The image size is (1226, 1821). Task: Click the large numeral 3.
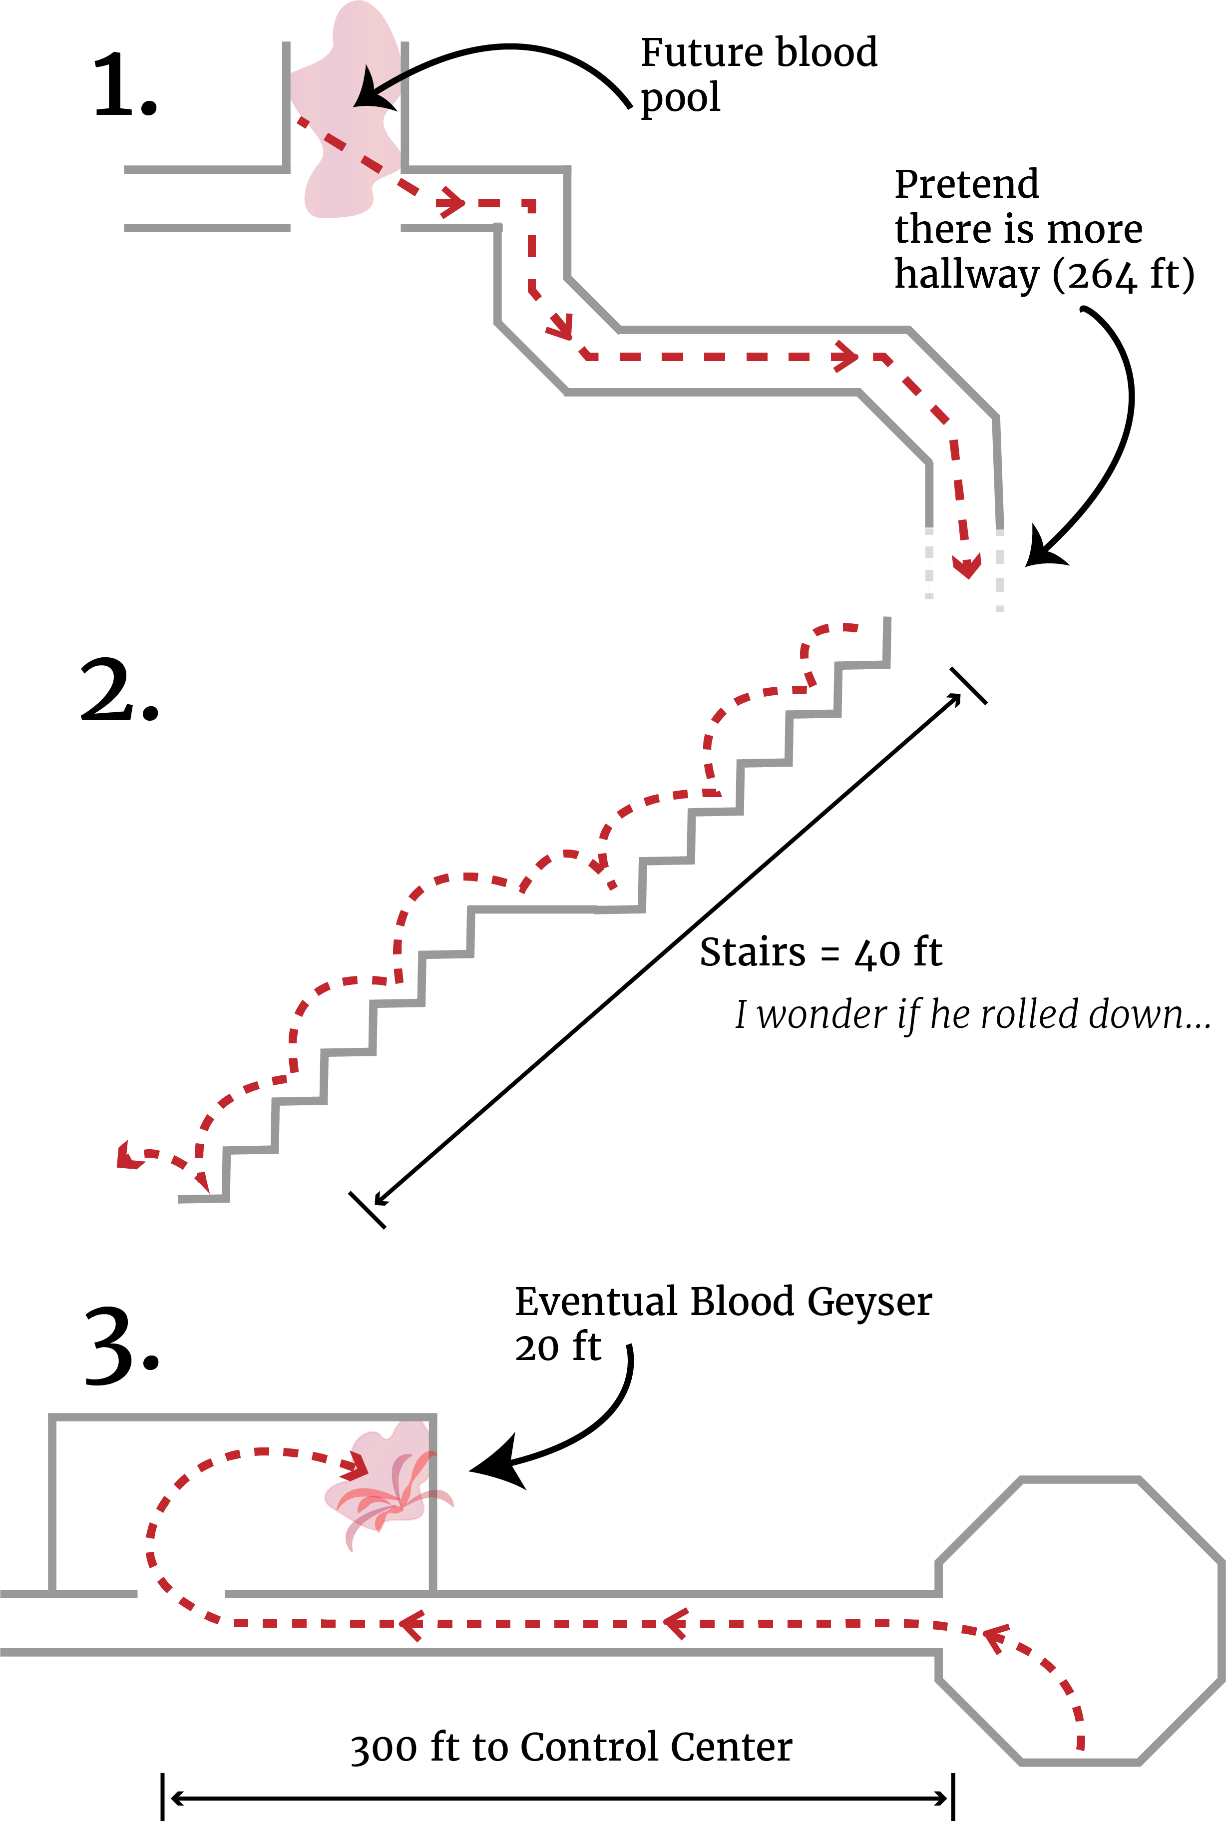(122, 1347)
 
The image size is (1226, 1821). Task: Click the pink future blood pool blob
(344, 117)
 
